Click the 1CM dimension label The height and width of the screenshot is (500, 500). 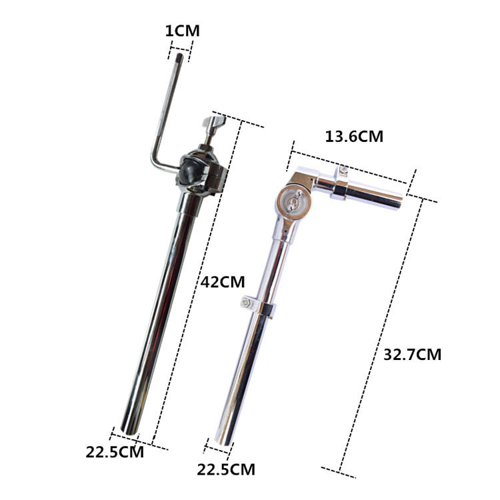183,31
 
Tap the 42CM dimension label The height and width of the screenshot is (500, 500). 223,282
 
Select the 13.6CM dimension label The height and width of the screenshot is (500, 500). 354,137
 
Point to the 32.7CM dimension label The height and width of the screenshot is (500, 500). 412,354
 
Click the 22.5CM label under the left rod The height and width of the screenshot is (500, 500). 115,452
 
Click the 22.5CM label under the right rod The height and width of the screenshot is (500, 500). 226,469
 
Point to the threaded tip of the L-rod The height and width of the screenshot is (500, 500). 179,58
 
